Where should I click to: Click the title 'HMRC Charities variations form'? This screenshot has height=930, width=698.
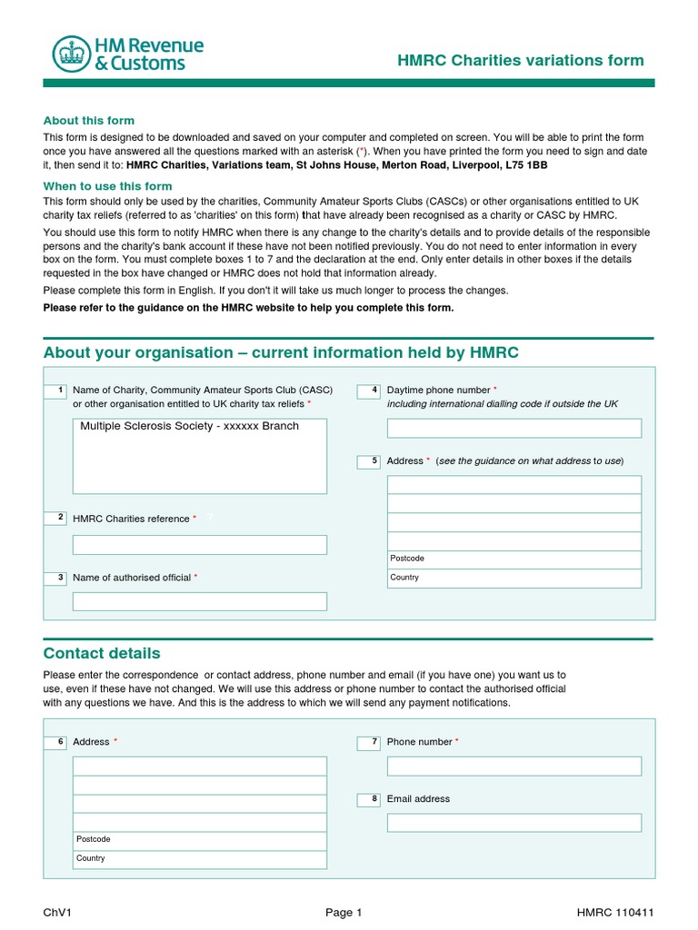[521, 61]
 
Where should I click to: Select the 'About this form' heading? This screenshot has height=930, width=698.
[89, 120]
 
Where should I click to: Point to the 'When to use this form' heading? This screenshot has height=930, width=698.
[107, 186]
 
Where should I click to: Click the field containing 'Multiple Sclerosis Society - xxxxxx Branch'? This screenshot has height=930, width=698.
[199, 455]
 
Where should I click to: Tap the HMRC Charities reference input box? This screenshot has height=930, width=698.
[199, 545]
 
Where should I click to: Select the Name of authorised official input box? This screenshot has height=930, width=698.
[199, 601]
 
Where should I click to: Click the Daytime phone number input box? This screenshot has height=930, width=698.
[514, 428]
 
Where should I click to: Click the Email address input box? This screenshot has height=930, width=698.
[514, 823]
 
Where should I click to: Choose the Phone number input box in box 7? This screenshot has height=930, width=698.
[514, 766]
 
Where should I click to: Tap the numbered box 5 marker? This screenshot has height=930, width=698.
[369, 461]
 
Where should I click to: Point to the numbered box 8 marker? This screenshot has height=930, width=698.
[369, 799]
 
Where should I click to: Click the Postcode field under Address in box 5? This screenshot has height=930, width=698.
[514, 559]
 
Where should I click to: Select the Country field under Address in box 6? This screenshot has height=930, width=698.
[199, 859]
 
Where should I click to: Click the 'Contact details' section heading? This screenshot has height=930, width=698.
[102, 653]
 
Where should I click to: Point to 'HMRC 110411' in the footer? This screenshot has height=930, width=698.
[614, 913]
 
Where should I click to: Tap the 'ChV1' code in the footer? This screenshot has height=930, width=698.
[56, 913]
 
